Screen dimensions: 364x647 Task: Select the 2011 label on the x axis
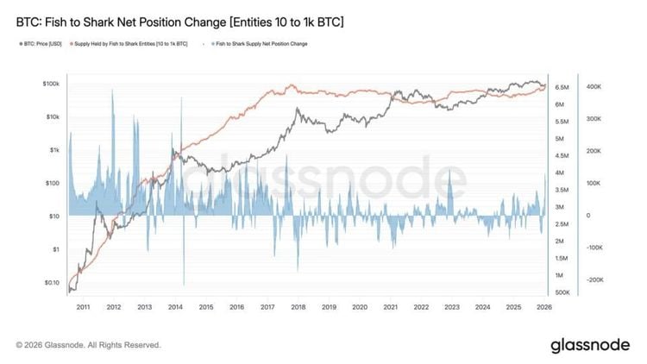point(83,306)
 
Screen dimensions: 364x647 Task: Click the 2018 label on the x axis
point(298,306)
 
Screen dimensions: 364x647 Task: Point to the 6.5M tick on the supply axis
point(561,87)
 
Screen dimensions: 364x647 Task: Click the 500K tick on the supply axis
point(561,292)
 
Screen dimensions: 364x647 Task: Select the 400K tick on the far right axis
point(594,87)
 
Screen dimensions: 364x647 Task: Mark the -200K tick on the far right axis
point(594,280)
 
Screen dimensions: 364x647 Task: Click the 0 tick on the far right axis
point(588,216)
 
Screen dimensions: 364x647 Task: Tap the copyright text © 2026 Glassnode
point(89,345)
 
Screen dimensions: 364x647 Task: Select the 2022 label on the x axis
point(421,306)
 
